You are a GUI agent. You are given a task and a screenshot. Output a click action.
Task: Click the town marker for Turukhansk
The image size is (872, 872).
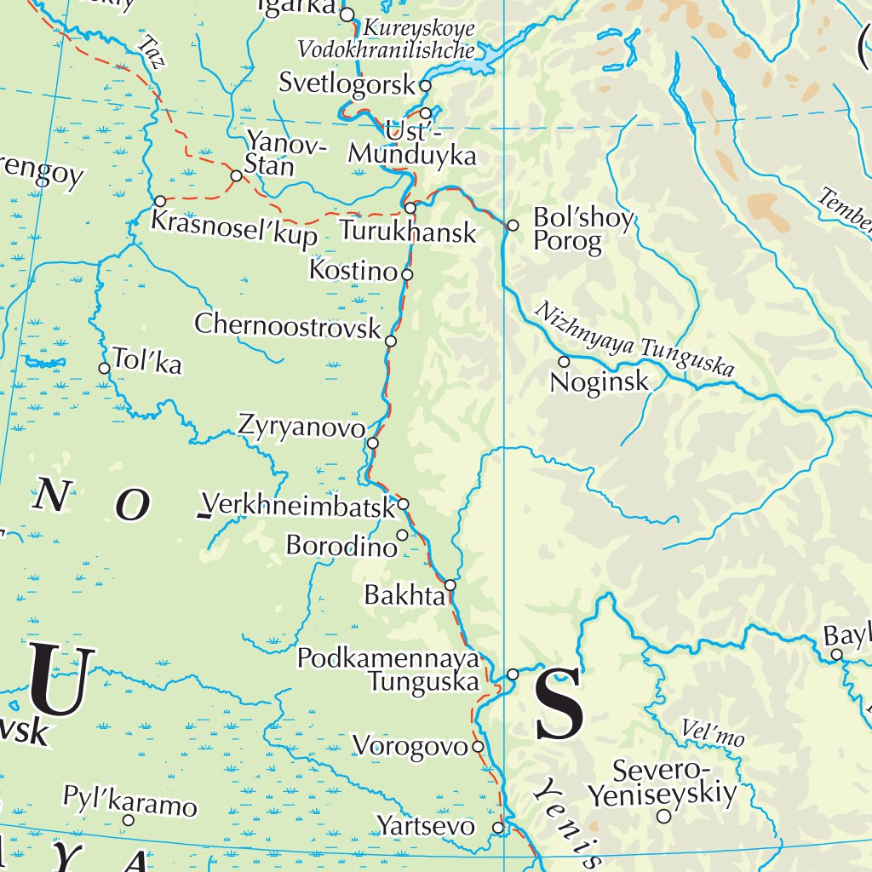click(x=410, y=208)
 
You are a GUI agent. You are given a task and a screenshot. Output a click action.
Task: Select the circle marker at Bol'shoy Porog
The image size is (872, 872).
click(x=513, y=226)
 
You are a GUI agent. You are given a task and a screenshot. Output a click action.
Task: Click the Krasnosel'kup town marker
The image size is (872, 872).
click(x=160, y=201)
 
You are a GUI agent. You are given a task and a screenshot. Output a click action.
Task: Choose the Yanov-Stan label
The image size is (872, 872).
click(x=285, y=154)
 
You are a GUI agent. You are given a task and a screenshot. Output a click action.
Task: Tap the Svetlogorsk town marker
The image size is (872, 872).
click(x=425, y=86)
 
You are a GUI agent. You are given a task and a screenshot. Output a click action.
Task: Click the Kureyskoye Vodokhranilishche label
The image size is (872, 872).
click(x=386, y=39)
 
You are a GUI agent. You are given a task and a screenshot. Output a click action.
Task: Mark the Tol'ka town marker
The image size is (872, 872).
click(x=105, y=368)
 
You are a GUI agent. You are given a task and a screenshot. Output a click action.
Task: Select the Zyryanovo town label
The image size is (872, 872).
click(x=301, y=425)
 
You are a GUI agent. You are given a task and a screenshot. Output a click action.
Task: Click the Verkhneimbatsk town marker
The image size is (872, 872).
click(x=404, y=503)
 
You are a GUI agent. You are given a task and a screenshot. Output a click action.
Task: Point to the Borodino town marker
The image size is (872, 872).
click(x=402, y=535)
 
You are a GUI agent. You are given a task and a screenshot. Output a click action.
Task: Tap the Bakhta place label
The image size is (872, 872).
click(x=404, y=594)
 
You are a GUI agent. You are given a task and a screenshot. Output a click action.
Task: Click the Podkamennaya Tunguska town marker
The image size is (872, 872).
click(x=513, y=674)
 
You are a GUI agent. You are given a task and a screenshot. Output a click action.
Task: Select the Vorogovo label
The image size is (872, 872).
click(x=410, y=746)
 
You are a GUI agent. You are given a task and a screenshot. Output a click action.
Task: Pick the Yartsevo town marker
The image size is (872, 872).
click(x=498, y=827)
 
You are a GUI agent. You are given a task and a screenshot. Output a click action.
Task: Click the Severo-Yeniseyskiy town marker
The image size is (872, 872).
click(x=663, y=816)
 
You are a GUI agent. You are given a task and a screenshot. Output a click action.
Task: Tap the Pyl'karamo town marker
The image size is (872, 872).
click(x=129, y=820)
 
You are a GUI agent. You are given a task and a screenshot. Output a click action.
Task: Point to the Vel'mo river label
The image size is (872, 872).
click(x=713, y=732)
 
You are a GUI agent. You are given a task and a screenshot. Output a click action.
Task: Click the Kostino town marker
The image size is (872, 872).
click(x=407, y=274)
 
